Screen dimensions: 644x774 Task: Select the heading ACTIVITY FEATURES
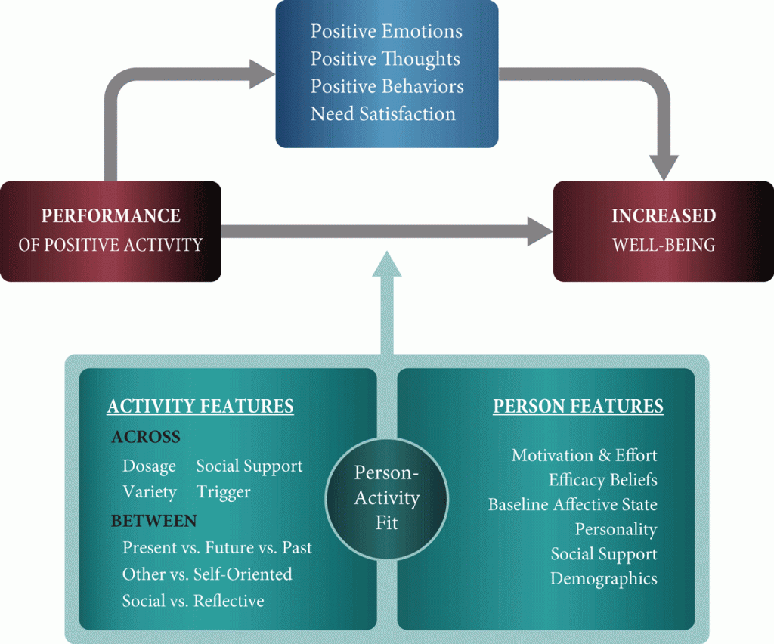200,407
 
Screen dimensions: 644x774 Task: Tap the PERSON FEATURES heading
578,407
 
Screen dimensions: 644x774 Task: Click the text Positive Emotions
386,32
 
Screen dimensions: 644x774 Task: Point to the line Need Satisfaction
383,114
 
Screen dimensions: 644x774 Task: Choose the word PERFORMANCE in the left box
111,216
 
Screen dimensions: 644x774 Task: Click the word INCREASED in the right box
664,216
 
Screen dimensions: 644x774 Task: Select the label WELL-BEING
664,246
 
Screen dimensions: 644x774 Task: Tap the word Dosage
149,466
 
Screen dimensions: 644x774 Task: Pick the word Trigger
223,492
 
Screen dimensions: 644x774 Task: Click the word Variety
149,492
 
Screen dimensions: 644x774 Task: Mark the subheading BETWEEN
153,521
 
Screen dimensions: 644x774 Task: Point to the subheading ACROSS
146,438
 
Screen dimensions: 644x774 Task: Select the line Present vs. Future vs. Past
217,547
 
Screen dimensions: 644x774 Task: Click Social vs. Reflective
193,601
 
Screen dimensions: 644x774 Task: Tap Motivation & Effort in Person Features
584,455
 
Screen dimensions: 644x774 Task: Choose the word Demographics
603,579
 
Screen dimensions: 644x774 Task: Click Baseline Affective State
572,505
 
